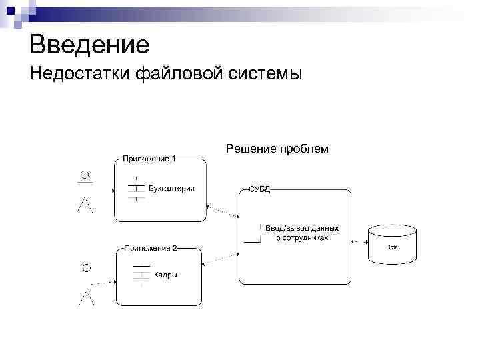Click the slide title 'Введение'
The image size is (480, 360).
point(89,45)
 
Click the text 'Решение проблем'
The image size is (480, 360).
point(277,149)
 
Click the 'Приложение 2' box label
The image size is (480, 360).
point(150,248)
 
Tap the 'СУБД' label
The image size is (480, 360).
point(259,190)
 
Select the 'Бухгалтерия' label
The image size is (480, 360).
point(171,189)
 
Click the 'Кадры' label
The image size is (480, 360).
point(165,275)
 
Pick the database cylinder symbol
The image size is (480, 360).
point(393,244)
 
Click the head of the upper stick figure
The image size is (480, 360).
point(85,175)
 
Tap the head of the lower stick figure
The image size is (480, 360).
point(85,267)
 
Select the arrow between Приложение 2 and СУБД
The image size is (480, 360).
point(220,258)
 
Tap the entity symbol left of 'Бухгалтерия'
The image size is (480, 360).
point(136,189)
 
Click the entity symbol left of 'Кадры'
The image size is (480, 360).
point(141,275)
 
